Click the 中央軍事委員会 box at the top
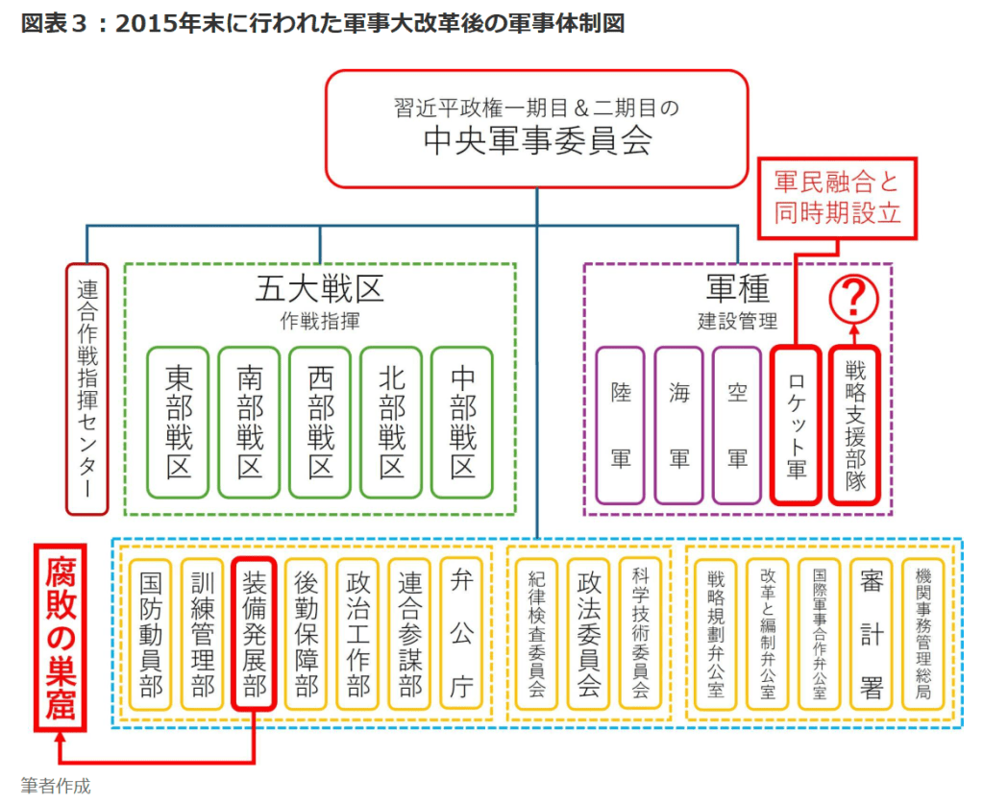point(536,128)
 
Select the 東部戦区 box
point(179,423)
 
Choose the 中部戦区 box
point(462,423)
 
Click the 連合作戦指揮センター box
point(86,388)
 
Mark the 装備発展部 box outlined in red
point(254,635)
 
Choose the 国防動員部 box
point(151,635)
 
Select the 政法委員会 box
point(589,635)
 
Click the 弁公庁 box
point(461,635)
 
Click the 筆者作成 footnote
point(56,786)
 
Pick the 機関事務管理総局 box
point(924,635)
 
